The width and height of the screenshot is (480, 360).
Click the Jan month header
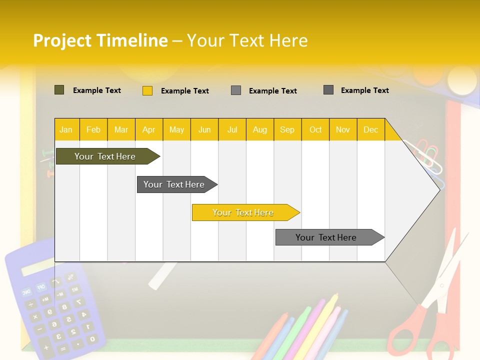66,130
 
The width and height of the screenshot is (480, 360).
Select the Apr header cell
148,130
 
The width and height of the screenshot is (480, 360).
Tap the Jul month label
232,130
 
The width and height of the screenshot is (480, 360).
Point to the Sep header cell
287,130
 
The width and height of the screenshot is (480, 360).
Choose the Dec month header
370,130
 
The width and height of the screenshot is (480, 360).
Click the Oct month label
315,130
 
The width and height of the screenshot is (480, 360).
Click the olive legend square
59,90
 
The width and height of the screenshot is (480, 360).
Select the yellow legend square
147,90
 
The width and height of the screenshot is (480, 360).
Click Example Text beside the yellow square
184,91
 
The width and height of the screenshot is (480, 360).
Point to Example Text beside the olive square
96,90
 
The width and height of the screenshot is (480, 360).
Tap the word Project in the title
62,40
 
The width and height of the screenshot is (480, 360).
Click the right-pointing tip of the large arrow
438,189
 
